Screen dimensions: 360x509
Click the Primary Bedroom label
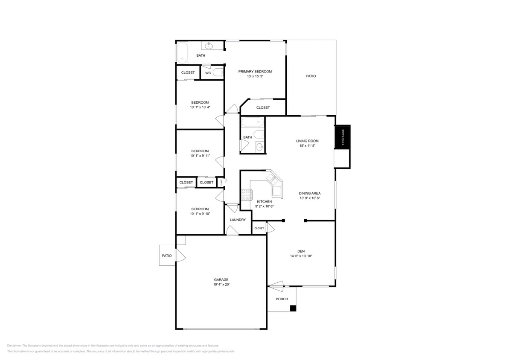(x=255, y=71)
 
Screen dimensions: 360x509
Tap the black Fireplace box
(x=342, y=137)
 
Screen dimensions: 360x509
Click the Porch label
(x=282, y=299)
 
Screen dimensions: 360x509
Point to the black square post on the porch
(x=293, y=308)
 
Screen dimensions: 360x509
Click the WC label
(x=208, y=73)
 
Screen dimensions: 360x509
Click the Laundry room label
(x=238, y=220)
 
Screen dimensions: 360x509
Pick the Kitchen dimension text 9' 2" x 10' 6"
(x=264, y=206)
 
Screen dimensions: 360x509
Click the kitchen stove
(x=246, y=195)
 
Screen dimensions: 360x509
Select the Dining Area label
(x=309, y=193)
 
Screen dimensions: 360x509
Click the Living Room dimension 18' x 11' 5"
(x=307, y=146)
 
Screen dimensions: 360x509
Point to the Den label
(x=301, y=251)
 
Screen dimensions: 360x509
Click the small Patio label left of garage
(x=166, y=255)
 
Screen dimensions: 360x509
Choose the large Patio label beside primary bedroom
(x=311, y=76)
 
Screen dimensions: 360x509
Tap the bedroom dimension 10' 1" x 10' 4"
(x=200, y=107)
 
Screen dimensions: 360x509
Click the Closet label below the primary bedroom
(x=263, y=107)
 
